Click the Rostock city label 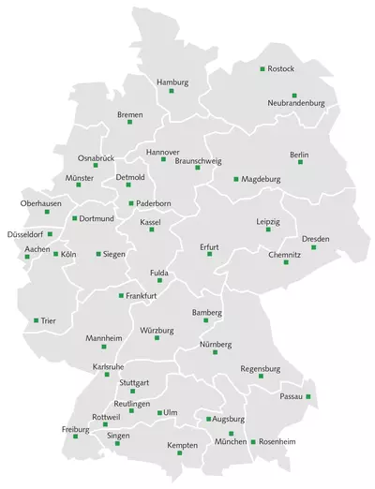[281, 69]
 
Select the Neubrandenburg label [295, 102]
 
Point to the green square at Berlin [300, 162]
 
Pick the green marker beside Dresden [314, 247]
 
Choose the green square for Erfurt [209, 254]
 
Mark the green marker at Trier [37, 320]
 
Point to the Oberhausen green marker [47, 212]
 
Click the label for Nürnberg [216, 345]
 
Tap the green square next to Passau [307, 397]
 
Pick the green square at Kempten [180, 453]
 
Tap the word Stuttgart [135, 382]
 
